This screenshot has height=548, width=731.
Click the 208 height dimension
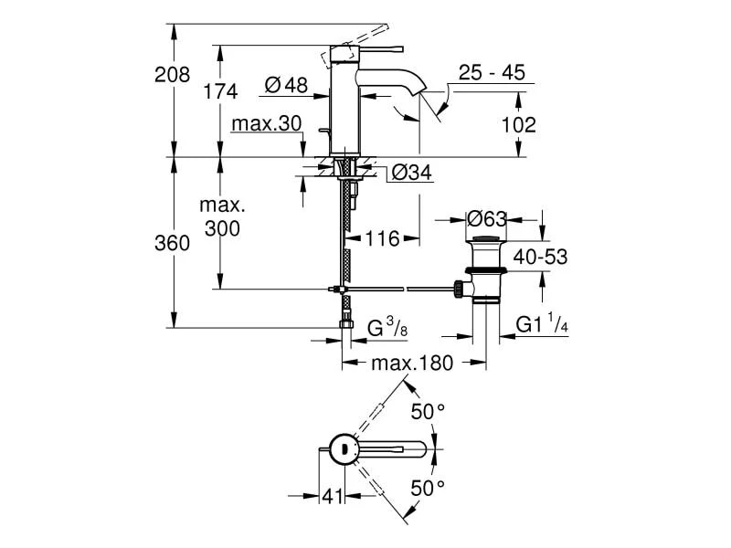172,75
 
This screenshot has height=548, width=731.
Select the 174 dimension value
220,91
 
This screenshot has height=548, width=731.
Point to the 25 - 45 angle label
493,74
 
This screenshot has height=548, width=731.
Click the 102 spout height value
519,124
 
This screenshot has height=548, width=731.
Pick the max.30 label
266,123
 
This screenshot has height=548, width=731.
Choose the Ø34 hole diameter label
411,172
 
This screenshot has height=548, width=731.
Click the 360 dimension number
172,243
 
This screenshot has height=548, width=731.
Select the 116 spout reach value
382,239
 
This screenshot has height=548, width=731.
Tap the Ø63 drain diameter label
487,219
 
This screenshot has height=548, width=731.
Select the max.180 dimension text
412,364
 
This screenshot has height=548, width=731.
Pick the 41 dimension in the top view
331,496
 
